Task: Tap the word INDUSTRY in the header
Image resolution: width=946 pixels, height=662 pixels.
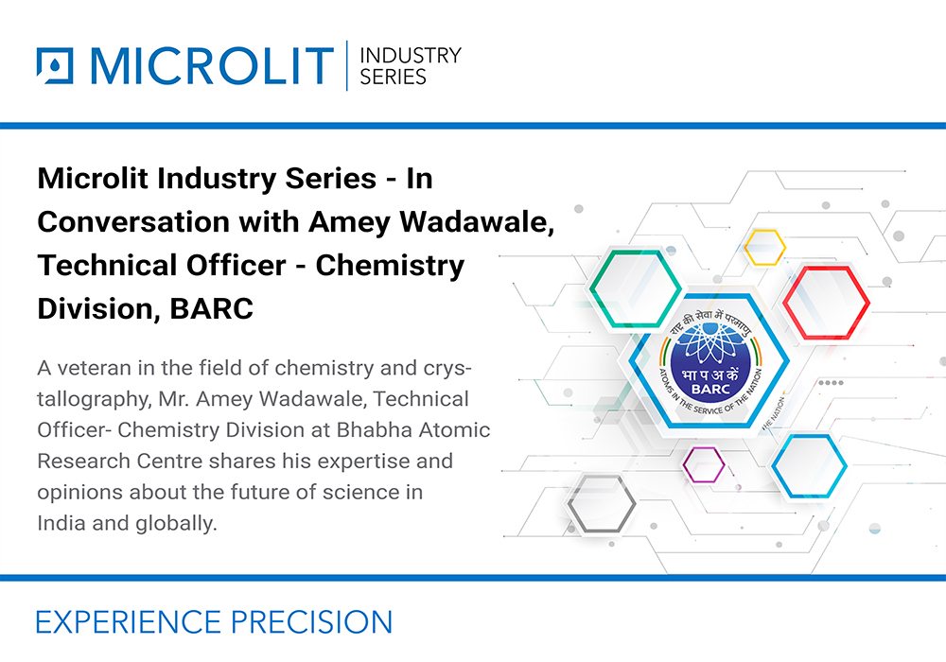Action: point(411,55)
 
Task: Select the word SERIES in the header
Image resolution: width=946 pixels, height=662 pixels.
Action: point(393,78)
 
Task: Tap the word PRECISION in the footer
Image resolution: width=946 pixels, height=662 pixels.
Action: point(311,621)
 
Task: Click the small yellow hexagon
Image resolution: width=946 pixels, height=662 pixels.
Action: point(764,247)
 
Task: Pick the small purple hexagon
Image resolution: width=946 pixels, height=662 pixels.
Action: point(703,463)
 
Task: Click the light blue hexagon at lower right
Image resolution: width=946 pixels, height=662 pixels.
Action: point(808,465)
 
